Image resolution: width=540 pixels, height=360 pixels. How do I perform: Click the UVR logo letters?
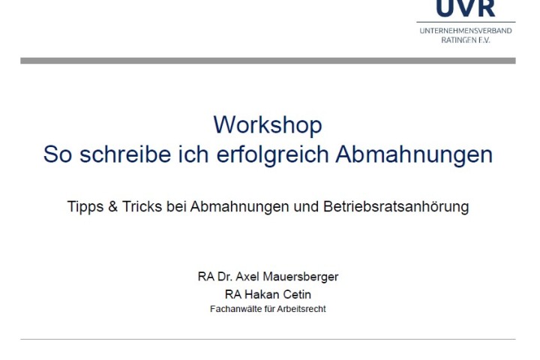(x=465, y=8)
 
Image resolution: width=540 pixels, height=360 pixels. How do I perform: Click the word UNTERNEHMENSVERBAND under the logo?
(x=466, y=31)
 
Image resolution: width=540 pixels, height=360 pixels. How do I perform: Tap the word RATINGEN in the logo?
(x=457, y=40)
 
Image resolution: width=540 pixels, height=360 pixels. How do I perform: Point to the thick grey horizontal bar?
(x=268, y=61)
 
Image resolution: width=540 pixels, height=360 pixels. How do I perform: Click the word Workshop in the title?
(x=268, y=125)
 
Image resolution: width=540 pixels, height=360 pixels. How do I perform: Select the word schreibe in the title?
(x=125, y=154)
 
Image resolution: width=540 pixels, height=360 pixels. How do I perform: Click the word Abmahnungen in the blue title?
(x=414, y=155)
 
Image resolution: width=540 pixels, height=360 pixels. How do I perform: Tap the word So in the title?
(x=58, y=154)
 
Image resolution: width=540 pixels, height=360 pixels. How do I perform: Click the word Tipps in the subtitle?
(x=85, y=207)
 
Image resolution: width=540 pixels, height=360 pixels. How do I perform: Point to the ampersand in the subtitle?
(x=113, y=206)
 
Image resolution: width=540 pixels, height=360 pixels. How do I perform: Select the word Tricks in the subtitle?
(x=142, y=206)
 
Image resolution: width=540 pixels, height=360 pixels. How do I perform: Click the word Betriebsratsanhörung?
(x=396, y=207)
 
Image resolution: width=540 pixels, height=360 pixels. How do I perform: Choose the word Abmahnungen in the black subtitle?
(x=239, y=207)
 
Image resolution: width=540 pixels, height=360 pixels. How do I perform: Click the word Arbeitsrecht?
(x=301, y=309)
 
